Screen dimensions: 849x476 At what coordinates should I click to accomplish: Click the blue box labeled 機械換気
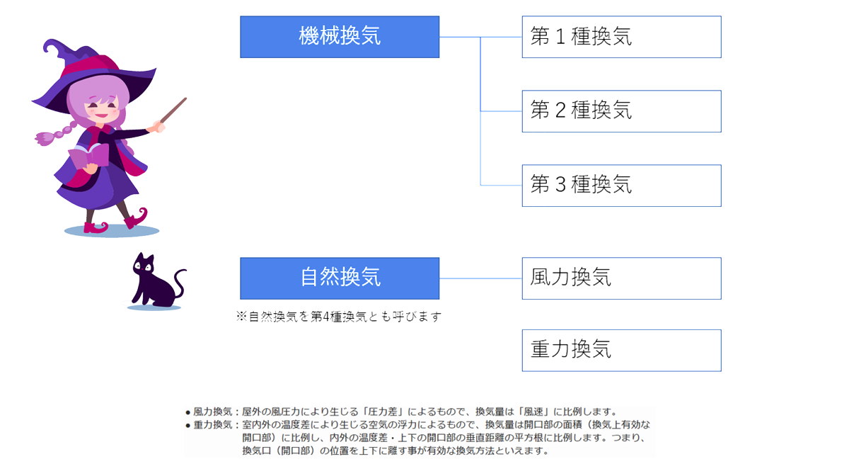click(x=340, y=37)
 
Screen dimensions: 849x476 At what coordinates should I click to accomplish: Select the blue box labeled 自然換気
click(x=340, y=278)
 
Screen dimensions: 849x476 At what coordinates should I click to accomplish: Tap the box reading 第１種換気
click(x=622, y=37)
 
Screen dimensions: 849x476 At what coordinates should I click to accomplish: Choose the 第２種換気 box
click(x=622, y=111)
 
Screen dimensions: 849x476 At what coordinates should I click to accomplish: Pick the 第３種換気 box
click(x=622, y=186)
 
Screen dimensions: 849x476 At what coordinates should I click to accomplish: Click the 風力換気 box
click(x=622, y=278)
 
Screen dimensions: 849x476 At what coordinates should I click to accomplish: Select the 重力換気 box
click(x=622, y=351)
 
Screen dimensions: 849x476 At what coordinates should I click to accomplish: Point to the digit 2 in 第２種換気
click(x=560, y=110)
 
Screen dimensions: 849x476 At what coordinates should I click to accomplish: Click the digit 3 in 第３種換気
click(x=560, y=185)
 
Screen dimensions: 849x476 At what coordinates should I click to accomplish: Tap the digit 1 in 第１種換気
click(x=560, y=36)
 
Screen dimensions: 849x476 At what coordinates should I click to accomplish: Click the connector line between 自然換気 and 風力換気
click(x=480, y=278)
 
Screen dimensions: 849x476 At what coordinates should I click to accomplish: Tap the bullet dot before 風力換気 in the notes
click(x=187, y=413)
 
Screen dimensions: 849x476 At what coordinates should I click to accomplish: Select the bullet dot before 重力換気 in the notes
click(x=187, y=426)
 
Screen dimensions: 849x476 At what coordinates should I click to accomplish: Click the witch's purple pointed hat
click(x=95, y=72)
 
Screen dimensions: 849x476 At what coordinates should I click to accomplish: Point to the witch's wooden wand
click(x=173, y=110)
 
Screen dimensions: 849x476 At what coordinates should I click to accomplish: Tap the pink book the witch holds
click(x=88, y=156)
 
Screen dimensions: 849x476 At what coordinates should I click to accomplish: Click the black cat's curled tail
click(x=180, y=283)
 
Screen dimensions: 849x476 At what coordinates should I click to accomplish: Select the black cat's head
click(x=144, y=265)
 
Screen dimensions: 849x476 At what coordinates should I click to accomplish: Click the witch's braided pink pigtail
click(x=57, y=133)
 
